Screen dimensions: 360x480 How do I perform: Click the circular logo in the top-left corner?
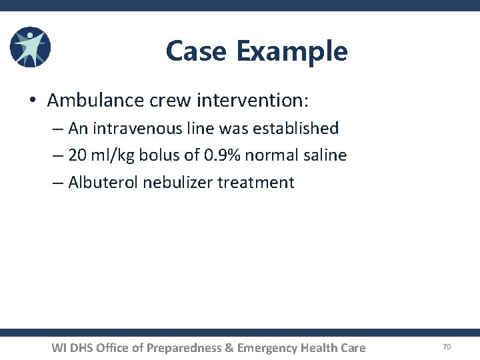pyautogui.click(x=31, y=48)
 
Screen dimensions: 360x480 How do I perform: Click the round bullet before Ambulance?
pyautogui.click(x=33, y=101)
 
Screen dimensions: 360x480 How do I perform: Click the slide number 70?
pyautogui.click(x=447, y=347)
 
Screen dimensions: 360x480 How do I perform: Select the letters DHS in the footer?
pyautogui.click(x=80, y=347)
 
